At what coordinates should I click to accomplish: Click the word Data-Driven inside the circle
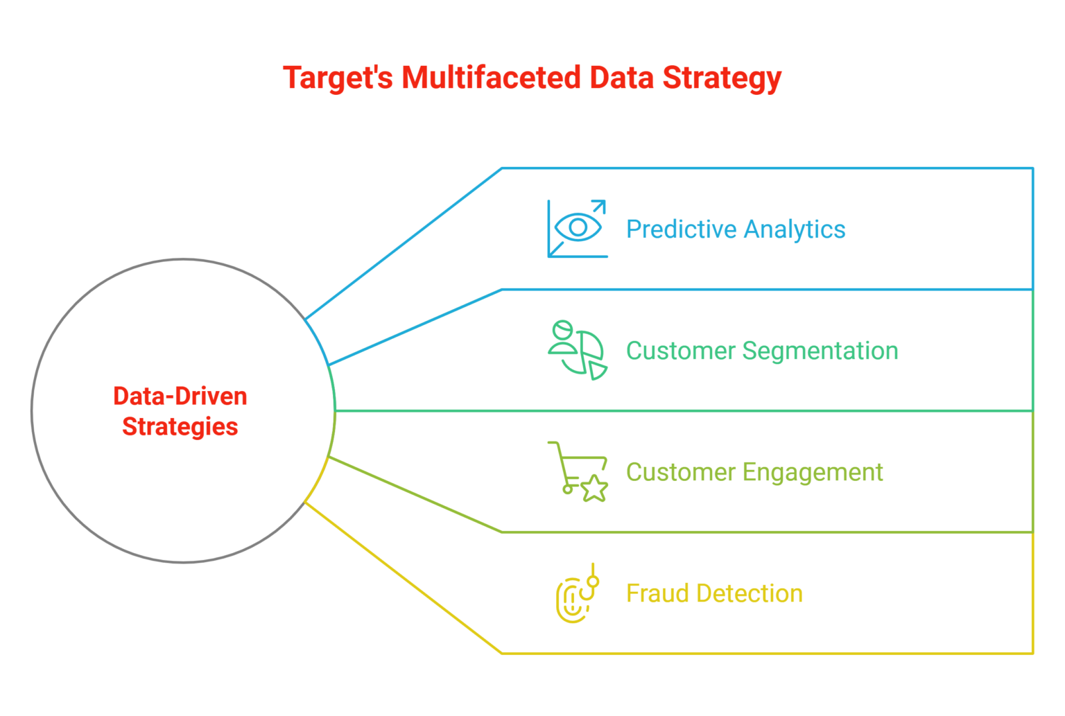[180, 396]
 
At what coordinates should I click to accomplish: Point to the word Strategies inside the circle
[180, 427]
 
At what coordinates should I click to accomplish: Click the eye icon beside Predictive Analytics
[577, 227]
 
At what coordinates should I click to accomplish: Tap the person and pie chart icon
[577, 350]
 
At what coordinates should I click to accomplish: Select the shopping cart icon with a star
[578, 471]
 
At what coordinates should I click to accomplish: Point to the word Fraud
[656, 593]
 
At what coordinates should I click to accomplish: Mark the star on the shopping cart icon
[594, 489]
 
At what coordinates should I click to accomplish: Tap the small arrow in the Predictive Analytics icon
[598, 207]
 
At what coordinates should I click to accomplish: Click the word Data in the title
[619, 78]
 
